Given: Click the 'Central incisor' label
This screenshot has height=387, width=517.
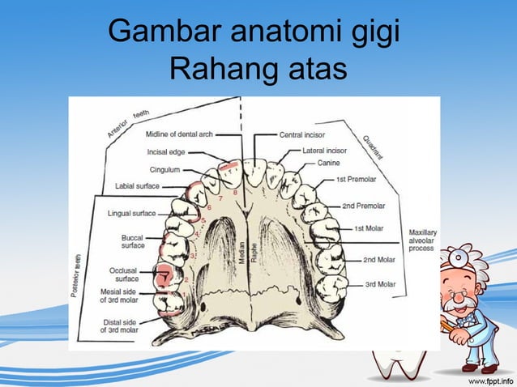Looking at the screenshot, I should point(304,134).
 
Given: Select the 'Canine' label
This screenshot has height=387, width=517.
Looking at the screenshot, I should point(329,164).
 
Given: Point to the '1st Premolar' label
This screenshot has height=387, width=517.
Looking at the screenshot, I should point(357,180).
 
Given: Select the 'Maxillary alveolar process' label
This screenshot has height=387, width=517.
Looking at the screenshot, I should point(423,241).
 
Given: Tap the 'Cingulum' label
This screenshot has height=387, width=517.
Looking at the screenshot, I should point(164,170).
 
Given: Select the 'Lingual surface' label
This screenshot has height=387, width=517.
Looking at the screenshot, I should point(132,215).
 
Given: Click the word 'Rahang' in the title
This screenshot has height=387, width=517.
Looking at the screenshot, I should point(214,68).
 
